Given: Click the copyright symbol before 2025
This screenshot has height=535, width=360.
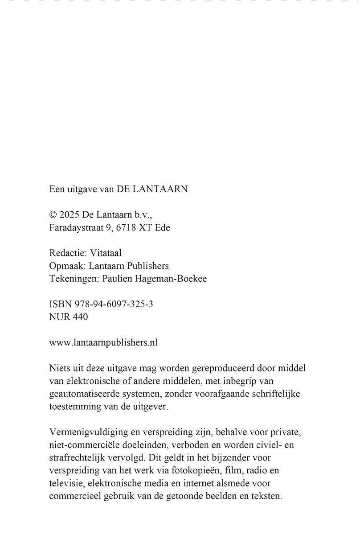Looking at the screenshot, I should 53,214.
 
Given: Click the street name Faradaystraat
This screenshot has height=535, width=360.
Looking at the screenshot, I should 76,227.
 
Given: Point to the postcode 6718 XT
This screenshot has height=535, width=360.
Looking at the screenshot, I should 134,227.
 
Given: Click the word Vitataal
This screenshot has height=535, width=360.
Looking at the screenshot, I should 106,253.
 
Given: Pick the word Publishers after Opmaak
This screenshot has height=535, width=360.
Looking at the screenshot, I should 147,266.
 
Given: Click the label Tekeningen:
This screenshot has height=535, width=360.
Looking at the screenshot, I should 74,279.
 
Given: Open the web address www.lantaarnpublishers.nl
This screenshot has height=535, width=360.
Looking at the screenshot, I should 103,342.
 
